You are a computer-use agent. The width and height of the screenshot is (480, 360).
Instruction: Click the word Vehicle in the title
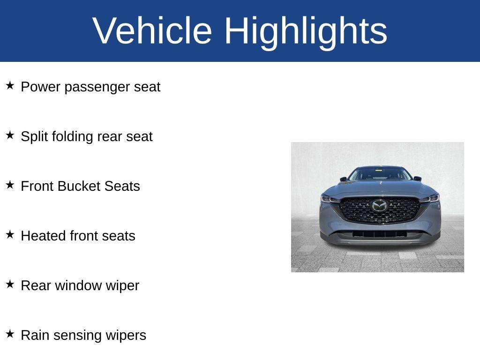[152, 30]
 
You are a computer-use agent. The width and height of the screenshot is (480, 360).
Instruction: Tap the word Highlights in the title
[306, 32]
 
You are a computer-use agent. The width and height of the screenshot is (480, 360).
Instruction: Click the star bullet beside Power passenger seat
[10, 85]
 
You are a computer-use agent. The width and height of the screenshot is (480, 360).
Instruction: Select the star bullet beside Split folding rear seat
[10, 135]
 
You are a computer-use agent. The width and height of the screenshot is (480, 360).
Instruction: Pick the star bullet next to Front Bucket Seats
[10, 185]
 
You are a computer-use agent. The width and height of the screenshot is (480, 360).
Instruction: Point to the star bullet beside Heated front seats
[10, 234]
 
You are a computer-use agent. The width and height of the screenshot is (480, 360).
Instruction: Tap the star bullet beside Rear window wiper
[10, 284]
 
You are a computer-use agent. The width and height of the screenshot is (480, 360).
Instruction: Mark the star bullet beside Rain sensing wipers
[10, 334]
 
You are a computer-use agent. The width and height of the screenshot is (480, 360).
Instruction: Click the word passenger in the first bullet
[97, 88]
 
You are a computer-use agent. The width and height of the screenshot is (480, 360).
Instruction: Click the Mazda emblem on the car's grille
[380, 205]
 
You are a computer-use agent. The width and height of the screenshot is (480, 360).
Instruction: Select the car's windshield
[380, 174]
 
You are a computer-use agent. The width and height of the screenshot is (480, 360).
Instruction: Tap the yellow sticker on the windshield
[379, 170]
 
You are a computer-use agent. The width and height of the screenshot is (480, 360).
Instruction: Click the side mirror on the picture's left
[343, 179]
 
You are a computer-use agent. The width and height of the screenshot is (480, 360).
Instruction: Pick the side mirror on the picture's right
[417, 179]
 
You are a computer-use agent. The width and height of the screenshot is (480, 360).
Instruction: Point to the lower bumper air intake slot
[380, 234]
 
